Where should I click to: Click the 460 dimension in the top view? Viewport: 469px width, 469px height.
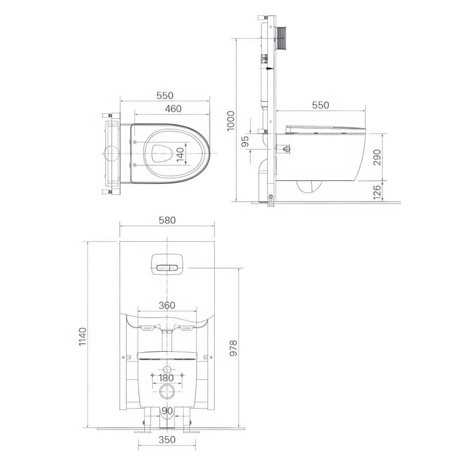tap(173, 108)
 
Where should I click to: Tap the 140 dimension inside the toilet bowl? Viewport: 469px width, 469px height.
tap(180, 154)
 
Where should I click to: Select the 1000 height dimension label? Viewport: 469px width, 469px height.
tap(231, 121)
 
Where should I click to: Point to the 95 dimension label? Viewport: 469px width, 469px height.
tap(245, 141)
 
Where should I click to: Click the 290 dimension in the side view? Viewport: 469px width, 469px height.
tap(377, 157)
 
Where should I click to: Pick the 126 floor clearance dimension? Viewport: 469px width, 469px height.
tap(377, 192)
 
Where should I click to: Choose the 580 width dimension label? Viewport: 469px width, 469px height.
tap(167, 220)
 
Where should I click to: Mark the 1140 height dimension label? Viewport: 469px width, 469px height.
tap(82, 337)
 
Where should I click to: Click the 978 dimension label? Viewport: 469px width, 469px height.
tap(233, 348)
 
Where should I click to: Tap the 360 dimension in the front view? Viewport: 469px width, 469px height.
tap(167, 305)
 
